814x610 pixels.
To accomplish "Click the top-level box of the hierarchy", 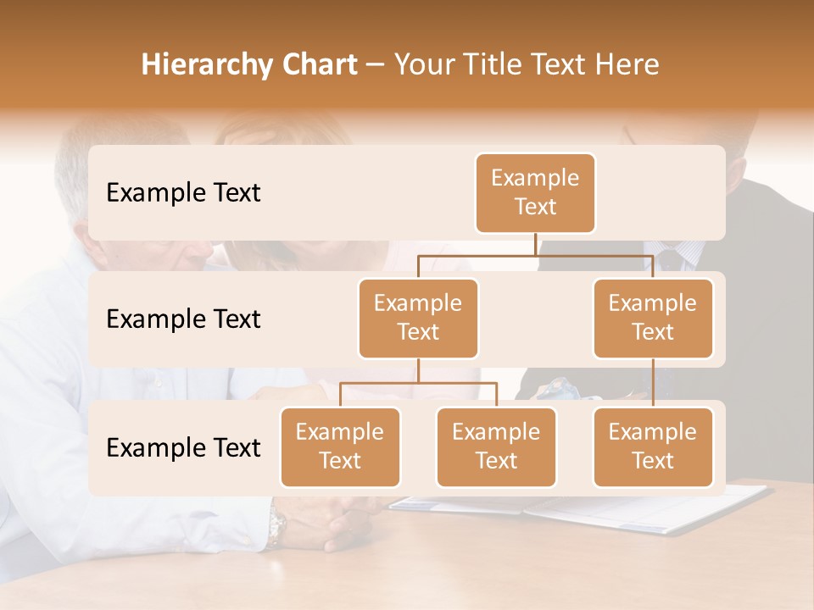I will [x=535, y=192].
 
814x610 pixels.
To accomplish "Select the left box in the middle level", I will [x=418, y=318].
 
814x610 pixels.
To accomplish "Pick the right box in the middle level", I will [x=653, y=318].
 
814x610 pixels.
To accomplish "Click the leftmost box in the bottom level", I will [x=340, y=446].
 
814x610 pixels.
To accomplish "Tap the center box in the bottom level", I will [x=496, y=446].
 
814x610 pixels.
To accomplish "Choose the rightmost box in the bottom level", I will [x=653, y=446].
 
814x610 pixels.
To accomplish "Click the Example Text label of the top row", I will [x=183, y=193].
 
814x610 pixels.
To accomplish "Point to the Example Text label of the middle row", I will [x=183, y=319].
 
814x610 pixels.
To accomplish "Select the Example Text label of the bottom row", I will [x=183, y=448].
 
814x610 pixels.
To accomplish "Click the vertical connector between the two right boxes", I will [x=653, y=382].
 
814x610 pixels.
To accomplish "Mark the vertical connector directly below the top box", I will [x=535, y=244].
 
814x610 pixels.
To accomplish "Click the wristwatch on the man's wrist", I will [x=276, y=527].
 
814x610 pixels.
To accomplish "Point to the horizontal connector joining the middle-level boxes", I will [x=535, y=255].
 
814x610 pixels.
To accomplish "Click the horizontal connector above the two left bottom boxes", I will [x=418, y=383].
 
